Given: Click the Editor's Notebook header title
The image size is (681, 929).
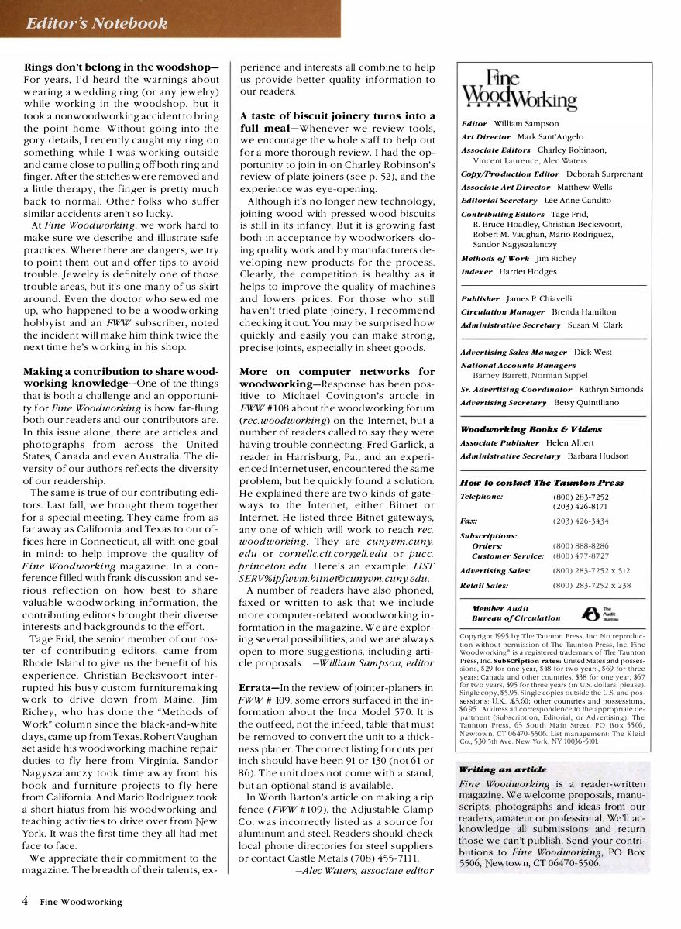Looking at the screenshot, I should (x=96, y=23).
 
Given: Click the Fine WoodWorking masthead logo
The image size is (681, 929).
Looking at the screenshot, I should (x=518, y=90).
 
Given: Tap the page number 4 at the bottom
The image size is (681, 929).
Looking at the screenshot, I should (x=25, y=901).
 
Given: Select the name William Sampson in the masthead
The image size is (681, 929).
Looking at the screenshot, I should (x=525, y=123).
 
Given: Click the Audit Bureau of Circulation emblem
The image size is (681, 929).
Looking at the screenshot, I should (x=593, y=613).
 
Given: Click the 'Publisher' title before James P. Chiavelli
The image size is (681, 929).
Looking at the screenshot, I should (x=480, y=298).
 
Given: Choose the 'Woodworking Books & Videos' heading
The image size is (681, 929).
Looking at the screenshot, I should (x=531, y=429).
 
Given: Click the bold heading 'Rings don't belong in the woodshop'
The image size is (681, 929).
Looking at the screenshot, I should (x=121, y=67).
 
